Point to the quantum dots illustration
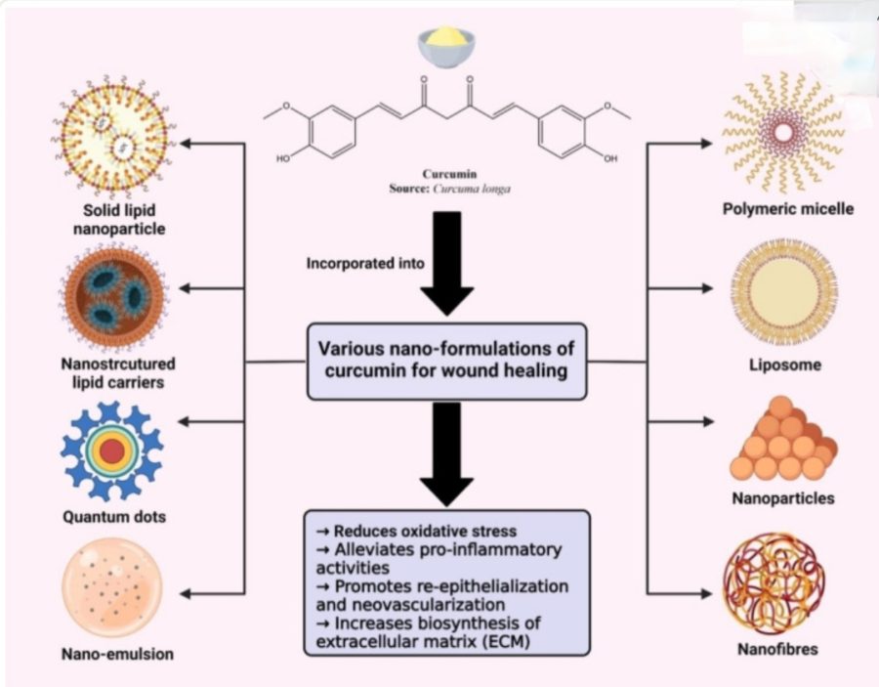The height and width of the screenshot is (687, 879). pos(111,450)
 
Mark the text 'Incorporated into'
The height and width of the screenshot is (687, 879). pos(358,264)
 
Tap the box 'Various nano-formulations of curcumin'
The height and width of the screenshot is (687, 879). pos(448,362)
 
